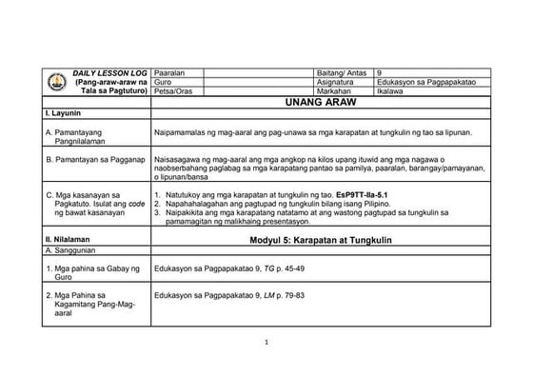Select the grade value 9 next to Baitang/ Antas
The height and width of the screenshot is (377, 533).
point(380,73)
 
